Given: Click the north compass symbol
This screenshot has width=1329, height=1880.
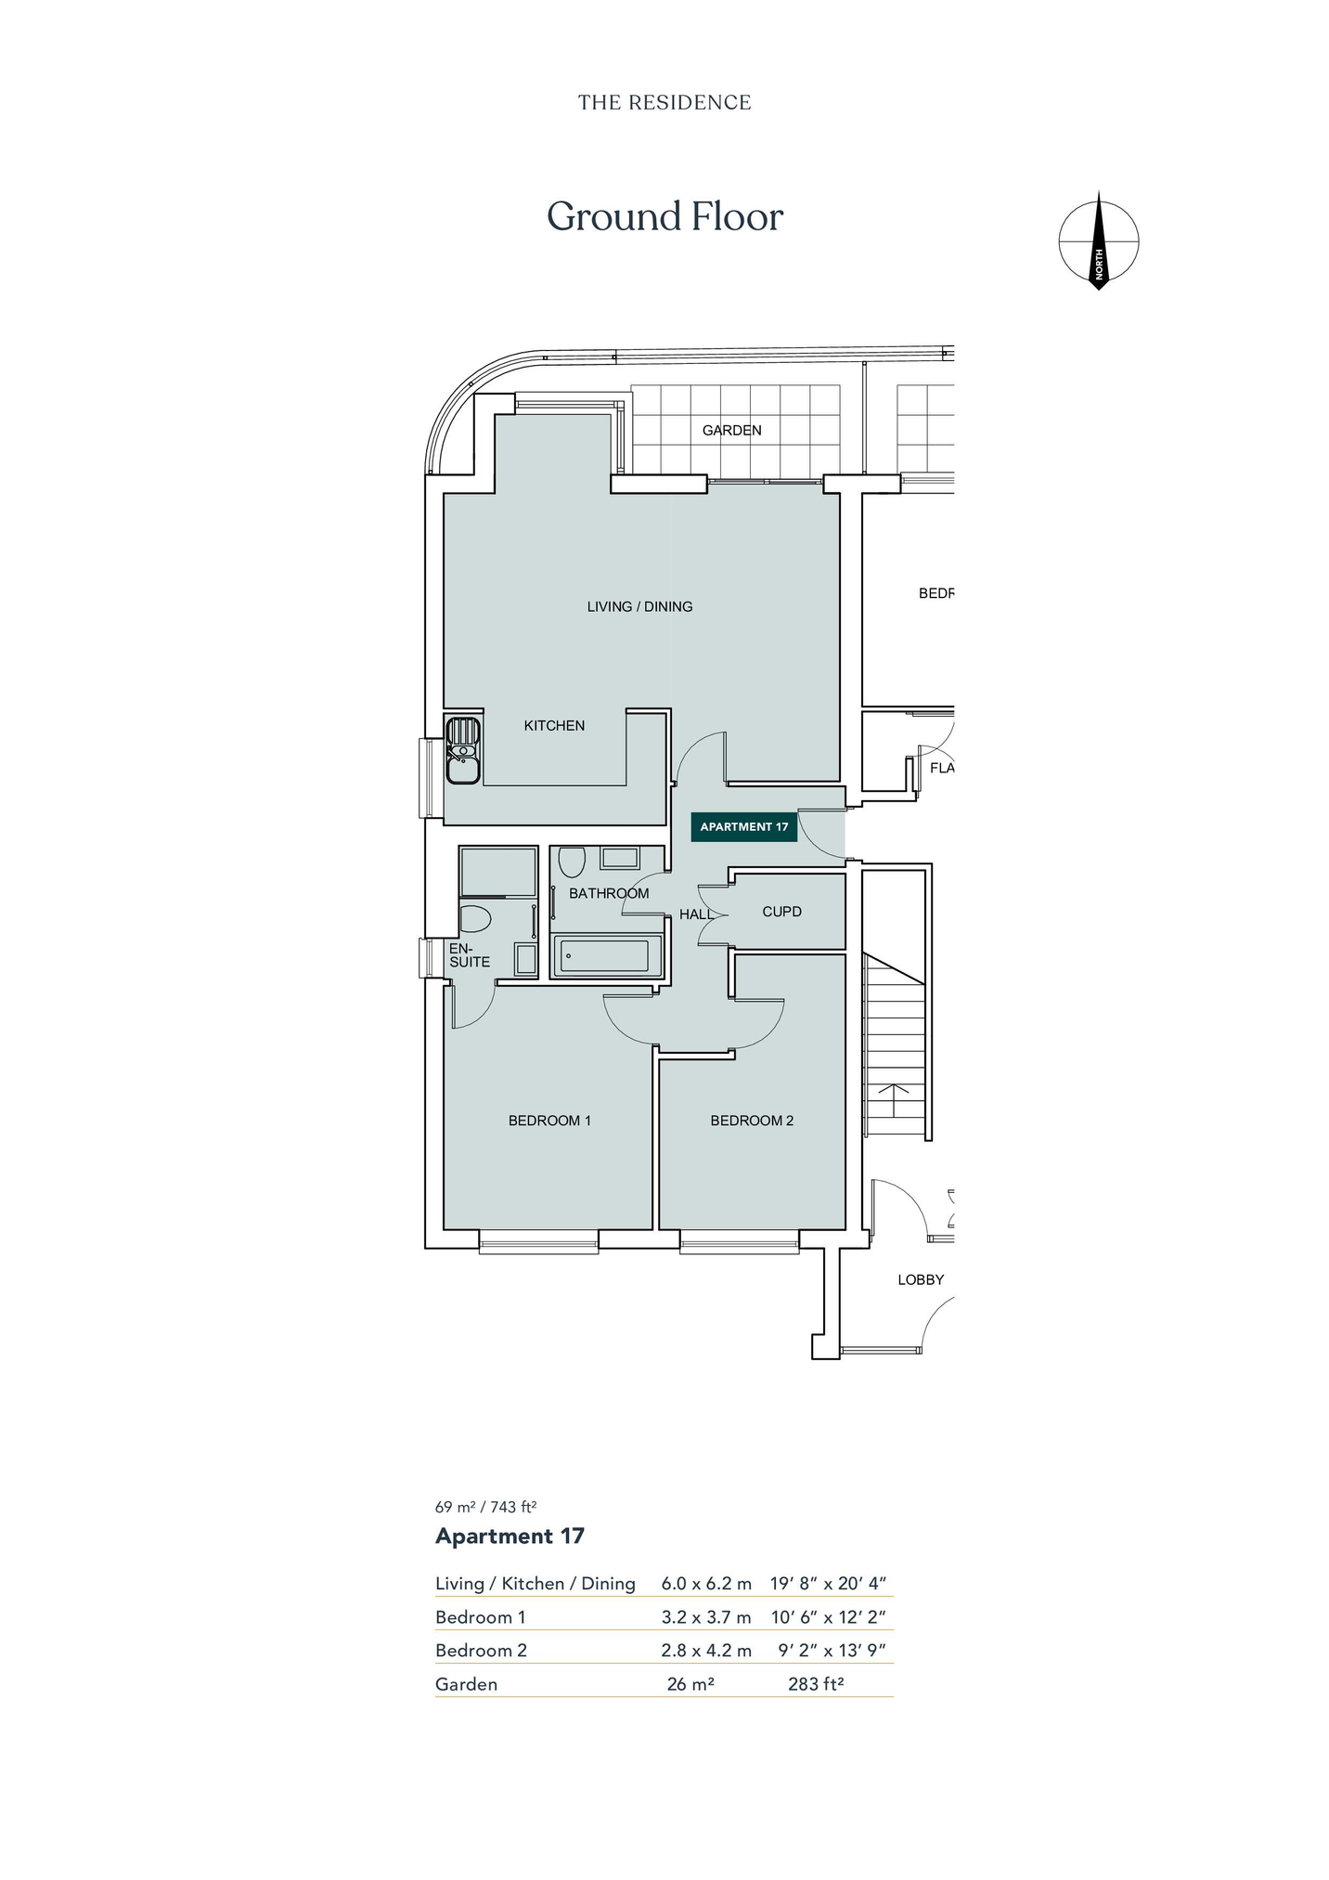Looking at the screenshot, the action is (x=1099, y=240).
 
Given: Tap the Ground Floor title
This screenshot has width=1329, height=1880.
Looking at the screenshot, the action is (x=664, y=217).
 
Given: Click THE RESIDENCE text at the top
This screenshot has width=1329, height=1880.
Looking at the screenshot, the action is (x=664, y=102).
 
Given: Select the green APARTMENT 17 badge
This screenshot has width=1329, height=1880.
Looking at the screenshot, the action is (x=744, y=826).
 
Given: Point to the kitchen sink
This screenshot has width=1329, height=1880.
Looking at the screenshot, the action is (x=462, y=750).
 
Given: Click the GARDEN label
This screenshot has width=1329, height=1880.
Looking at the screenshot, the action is (x=731, y=430).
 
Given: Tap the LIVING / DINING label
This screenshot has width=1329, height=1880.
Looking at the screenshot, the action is (x=639, y=606).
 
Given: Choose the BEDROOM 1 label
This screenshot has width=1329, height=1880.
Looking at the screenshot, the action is (x=549, y=1121).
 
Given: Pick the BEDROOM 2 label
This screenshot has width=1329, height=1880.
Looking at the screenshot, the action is (x=752, y=1121).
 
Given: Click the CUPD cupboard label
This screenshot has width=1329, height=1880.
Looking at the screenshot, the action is (x=781, y=912).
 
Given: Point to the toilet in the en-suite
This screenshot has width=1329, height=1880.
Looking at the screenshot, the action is (x=475, y=919).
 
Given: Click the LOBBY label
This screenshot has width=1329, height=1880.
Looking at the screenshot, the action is (x=921, y=1279).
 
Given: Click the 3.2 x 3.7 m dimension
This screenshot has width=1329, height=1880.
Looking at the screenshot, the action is (x=706, y=1616).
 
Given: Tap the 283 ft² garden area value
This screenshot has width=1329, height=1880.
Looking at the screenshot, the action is (x=816, y=1683).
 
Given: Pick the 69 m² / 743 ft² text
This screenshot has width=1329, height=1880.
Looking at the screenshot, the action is (x=486, y=1507).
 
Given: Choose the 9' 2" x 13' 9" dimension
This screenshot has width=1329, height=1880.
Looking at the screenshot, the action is (x=832, y=1650).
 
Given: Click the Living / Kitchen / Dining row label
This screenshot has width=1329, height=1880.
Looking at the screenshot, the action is (x=535, y=1583).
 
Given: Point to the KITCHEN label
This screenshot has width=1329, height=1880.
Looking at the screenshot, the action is (x=554, y=725).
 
